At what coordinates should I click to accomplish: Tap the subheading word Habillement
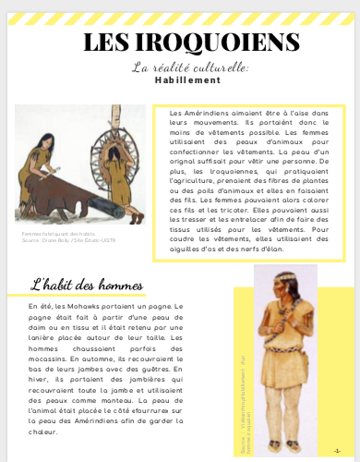tap(179, 80)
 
